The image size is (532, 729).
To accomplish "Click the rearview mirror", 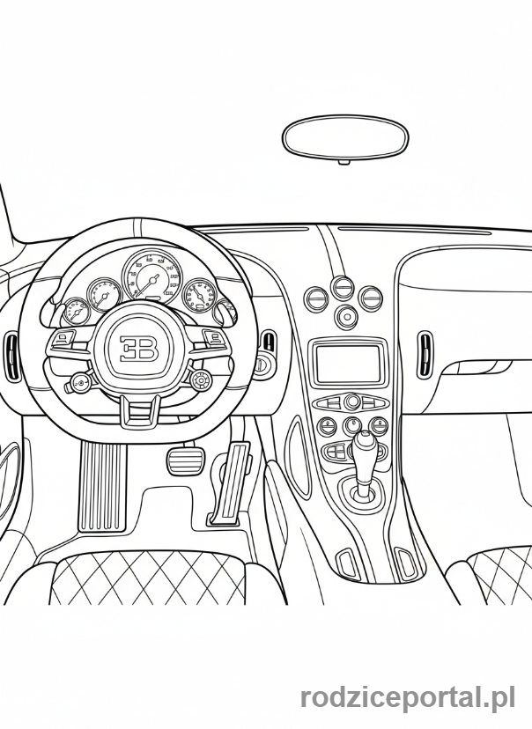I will (x=345, y=138).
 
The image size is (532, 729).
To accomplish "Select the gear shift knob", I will (x=363, y=453).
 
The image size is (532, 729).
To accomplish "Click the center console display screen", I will (x=349, y=364).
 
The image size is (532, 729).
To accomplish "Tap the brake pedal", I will (x=185, y=460).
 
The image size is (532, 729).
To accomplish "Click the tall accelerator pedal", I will (x=233, y=482).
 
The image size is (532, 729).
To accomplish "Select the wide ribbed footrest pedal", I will (x=103, y=485).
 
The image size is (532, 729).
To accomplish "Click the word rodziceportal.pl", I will (x=407, y=698).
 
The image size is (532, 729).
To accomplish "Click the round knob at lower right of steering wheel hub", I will (x=201, y=380).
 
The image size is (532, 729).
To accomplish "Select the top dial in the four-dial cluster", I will (x=343, y=286).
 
